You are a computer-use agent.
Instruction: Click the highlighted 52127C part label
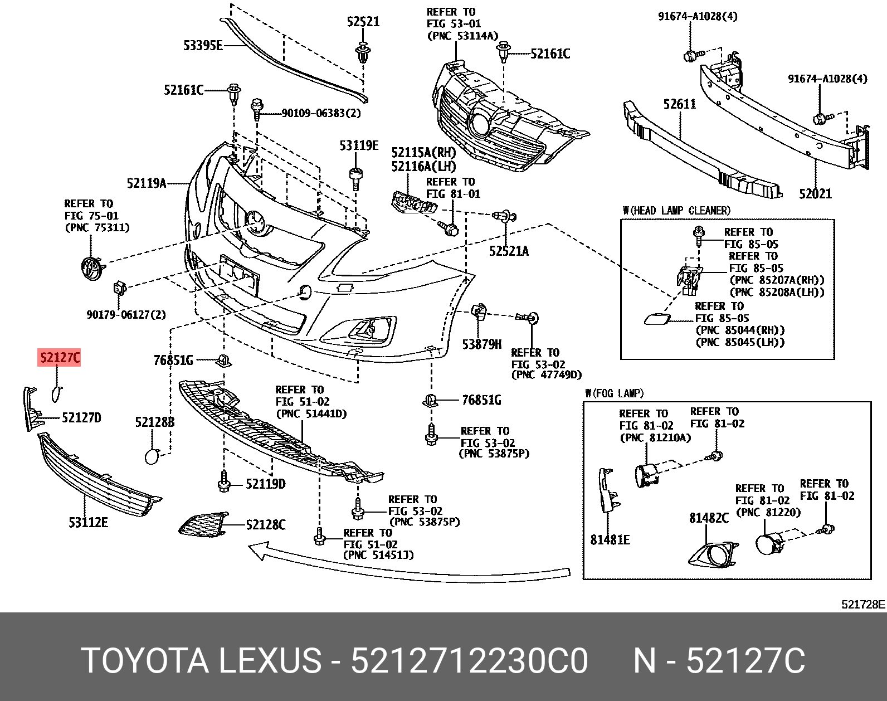tap(59, 357)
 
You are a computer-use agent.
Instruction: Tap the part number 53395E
tap(203, 45)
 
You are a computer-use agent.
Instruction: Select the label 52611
tap(680, 104)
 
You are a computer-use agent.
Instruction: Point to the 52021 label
tap(815, 193)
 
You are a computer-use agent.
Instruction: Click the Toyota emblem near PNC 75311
tap(92, 269)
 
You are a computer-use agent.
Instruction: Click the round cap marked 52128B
tap(152, 456)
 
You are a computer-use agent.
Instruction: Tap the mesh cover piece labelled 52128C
tap(203, 524)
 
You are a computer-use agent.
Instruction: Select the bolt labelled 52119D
tap(223, 481)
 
